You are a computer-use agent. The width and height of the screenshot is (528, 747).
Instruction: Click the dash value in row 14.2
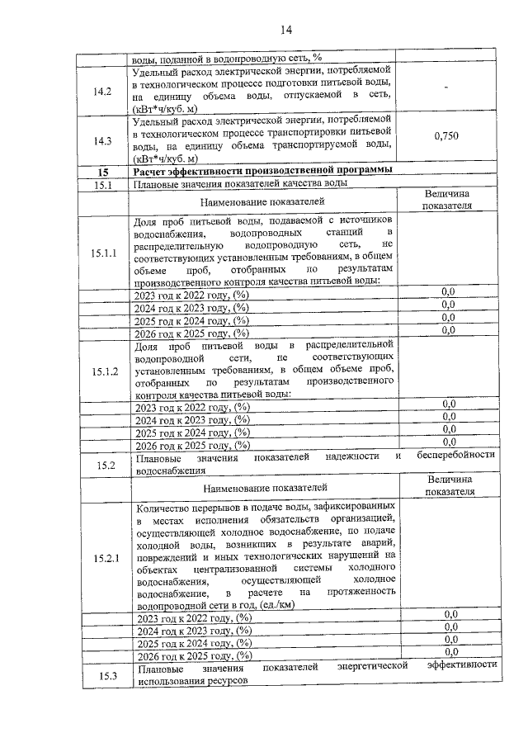coord(447,89)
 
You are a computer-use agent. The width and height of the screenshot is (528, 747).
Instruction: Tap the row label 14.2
coord(103,90)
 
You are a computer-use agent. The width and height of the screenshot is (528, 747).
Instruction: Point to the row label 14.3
coord(103,140)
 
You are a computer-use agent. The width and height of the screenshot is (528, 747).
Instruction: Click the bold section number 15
coord(102,172)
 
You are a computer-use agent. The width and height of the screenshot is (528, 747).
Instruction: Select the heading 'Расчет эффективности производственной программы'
coord(262,171)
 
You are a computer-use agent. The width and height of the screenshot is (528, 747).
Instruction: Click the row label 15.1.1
coord(103,252)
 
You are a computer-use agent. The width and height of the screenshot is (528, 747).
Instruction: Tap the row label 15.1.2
coord(104,371)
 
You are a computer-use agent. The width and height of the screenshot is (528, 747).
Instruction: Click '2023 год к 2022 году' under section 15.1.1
coord(191,293)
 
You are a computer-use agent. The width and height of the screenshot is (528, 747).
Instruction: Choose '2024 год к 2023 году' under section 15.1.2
coord(191,418)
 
